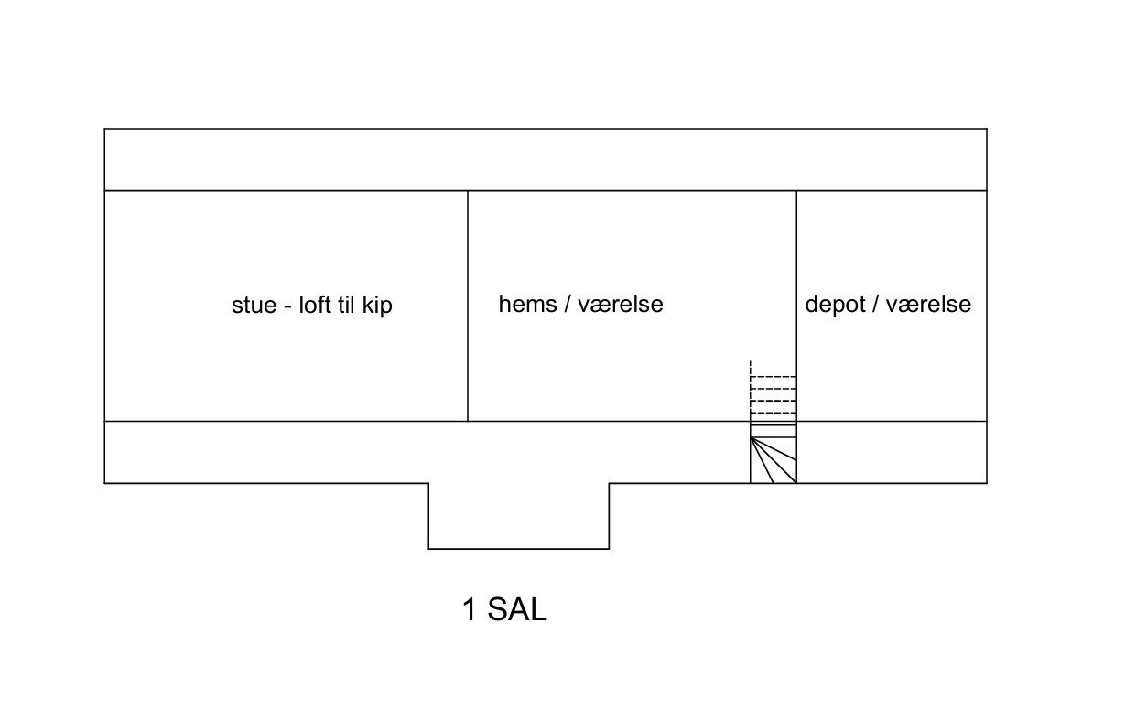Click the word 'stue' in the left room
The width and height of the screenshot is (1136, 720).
point(254,306)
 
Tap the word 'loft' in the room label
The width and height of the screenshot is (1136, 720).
point(314,305)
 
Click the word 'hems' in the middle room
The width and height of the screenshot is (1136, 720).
point(528,304)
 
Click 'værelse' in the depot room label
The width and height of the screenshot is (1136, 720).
point(928,305)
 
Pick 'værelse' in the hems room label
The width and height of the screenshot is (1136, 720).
point(621,305)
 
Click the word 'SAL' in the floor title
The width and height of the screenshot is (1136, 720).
point(517,609)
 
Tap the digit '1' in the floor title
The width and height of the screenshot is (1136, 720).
point(470,609)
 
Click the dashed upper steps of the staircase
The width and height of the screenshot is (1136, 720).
point(774,392)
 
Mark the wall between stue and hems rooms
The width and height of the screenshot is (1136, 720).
point(468,306)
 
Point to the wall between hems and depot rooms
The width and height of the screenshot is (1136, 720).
point(796,306)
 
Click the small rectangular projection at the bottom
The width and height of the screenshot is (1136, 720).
point(519,516)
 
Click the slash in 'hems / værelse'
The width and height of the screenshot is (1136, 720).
point(568,305)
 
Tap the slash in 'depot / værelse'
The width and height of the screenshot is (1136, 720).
point(876,305)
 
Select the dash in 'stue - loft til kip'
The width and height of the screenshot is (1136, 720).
point(287,307)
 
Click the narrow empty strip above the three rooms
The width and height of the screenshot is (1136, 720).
point(546,159)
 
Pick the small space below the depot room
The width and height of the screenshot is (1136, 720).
point(893,452)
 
